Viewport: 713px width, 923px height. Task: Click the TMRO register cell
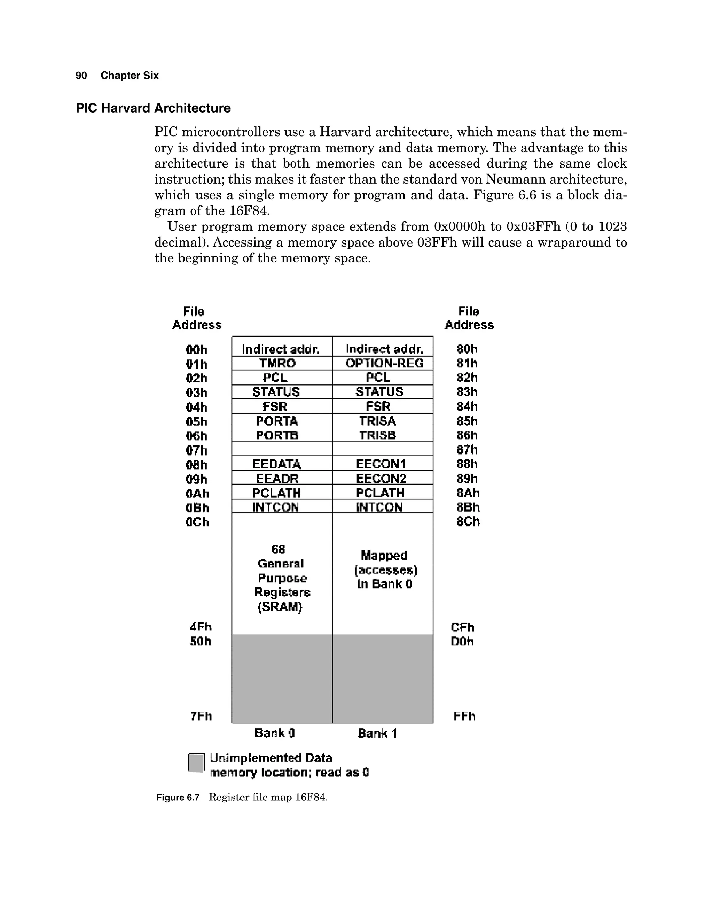(x=277, y=363)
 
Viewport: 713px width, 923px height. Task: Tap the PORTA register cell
(x=277, y=421)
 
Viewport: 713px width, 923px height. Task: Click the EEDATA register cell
(x=277, y=464)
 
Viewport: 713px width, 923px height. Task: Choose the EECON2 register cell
(x=381, y=479)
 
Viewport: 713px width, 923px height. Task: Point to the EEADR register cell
(x=277, y=479)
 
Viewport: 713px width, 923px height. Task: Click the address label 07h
(x=196, y=450)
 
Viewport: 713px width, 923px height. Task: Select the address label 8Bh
(x=468, y=507)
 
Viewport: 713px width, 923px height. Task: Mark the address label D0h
(x=462, y=642)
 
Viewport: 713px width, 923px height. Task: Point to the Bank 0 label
(x=275, y=733)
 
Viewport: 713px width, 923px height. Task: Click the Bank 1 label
(x=377, y=733)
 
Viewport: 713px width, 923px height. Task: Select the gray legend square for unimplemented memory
(x=196, y=763)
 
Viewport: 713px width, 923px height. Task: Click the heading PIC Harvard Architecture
(x=153, y=108)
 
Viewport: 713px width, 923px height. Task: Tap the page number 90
(x=81, y=76)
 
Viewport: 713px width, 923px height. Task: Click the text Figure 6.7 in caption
(x=178, y=798)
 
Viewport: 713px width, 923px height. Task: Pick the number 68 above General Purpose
(x=278, y=549)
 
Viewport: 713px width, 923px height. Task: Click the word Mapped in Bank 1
(x=384, y=555)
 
